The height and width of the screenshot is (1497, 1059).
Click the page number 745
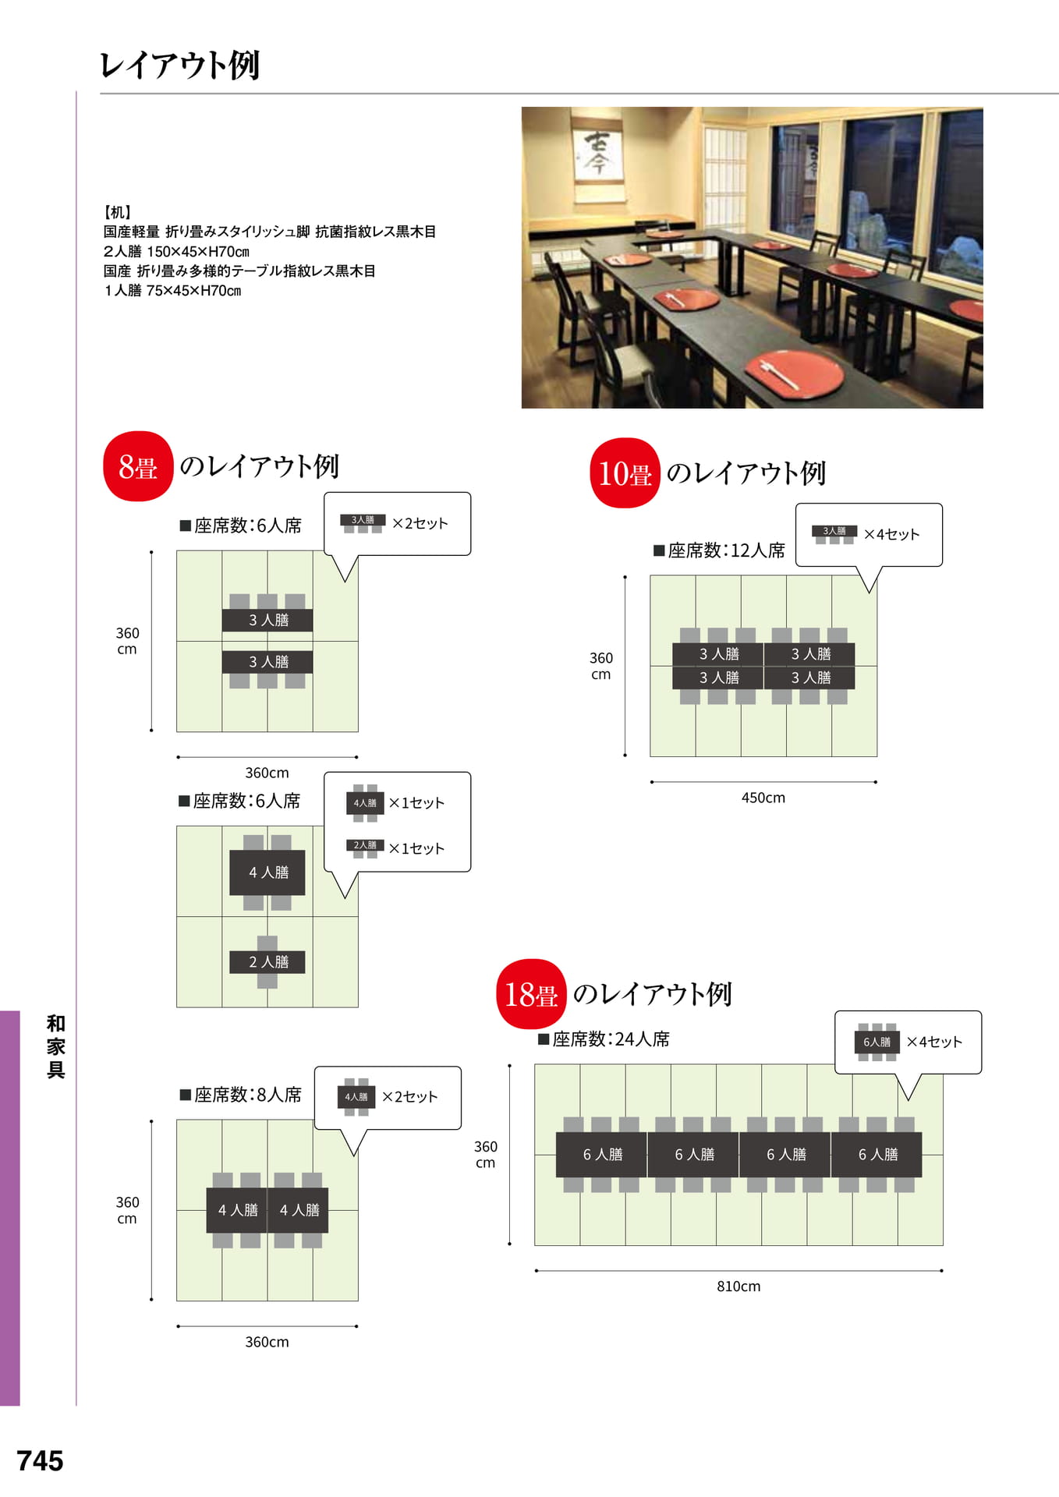coord(40,1460)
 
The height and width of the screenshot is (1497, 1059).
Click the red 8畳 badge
coord(138,466)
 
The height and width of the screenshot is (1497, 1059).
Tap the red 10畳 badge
coord(625,473)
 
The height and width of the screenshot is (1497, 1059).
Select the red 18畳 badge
coord(531,994)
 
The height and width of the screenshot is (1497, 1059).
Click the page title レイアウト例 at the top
coord(180,65)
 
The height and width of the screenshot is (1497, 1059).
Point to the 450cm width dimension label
coord(763,798)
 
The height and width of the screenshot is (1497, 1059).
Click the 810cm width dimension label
coord(738,1286)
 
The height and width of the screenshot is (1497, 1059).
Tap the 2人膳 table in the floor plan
coord(267,962)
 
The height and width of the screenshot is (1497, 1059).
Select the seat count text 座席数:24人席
coord(604,1039)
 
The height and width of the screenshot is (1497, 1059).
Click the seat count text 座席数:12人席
coord(719,550)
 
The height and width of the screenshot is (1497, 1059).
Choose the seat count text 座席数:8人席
coord(241,1095)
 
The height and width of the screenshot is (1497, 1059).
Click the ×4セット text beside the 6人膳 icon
coord(934,1042)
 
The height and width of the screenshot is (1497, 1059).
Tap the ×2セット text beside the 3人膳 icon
coord(420,523)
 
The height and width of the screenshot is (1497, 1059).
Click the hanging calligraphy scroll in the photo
coord(597,157)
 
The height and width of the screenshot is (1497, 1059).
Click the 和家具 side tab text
coord(55,1046)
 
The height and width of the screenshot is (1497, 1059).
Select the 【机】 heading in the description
coord(117,212)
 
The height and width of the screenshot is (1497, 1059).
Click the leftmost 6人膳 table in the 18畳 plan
coord(602,1155)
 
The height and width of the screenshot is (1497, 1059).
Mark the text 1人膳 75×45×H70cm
coord(172,291)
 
